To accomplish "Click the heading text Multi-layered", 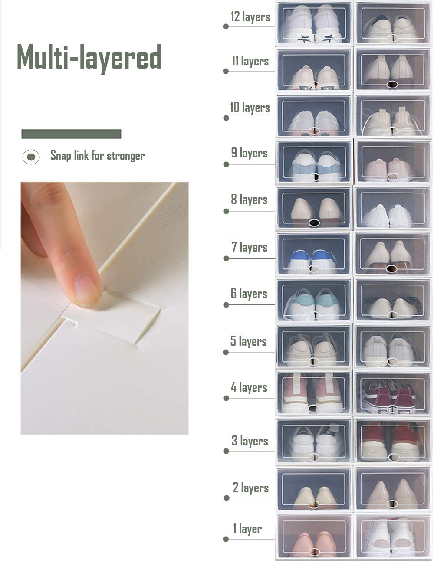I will tap(89, 57).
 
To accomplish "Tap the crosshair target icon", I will tap(31, 156).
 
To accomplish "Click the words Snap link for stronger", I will tap(97, 155).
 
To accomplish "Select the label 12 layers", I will tap(250, 17).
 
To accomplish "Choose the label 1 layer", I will tap(247, 529).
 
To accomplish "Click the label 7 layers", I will tap(249, 247).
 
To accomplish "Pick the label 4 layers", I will tap(249, 387).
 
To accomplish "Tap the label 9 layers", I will tap(249, 153).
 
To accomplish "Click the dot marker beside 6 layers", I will tap(226, 305).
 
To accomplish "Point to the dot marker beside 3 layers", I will tap(226, 451).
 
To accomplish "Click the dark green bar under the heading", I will tap(71, 134).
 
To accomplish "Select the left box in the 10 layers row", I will tap(314, 116).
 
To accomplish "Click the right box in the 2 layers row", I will tap(393, 489).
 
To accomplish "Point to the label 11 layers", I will tap(250, 61).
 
